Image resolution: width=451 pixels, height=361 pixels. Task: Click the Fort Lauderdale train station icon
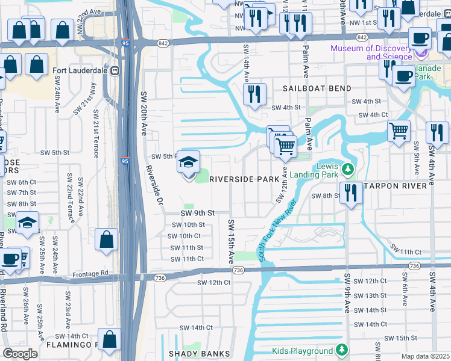point(115,70)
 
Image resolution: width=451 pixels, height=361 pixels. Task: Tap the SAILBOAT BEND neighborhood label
point(317,88)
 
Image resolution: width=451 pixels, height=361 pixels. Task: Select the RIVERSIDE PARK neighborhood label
point(244,179)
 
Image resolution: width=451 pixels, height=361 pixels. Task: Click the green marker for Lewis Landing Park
point(347,170)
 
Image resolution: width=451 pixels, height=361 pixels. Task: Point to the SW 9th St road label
point(198,213)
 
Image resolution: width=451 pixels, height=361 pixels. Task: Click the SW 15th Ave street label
point(231,241)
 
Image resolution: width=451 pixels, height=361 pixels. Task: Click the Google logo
point(20,353)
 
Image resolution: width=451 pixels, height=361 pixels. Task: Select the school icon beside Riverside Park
point(189,163)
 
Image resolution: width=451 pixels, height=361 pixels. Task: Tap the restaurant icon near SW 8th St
point(350,193)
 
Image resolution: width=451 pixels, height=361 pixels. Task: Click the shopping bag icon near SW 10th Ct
point(106,239)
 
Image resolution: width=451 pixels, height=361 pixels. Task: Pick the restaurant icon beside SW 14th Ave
point(254,94)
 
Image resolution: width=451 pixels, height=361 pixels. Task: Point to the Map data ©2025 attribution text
point(425,356)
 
